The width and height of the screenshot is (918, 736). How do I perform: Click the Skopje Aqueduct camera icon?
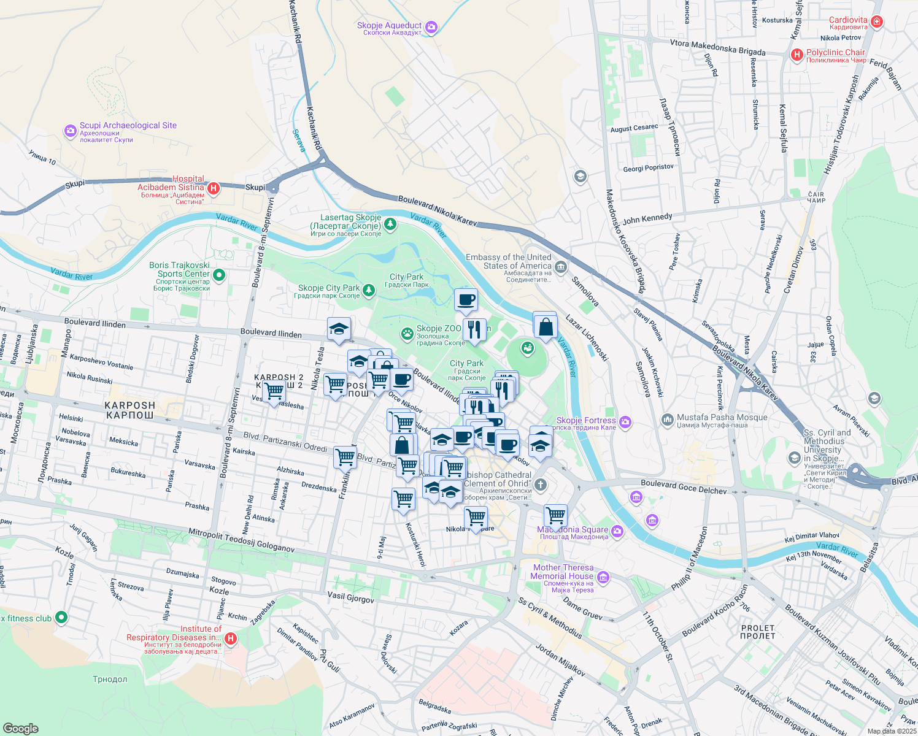(431, 26)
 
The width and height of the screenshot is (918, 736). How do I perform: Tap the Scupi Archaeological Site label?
(128, 126)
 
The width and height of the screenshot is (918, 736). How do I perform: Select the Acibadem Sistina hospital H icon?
(214, 188)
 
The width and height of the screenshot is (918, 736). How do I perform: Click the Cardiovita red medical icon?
(877, 21)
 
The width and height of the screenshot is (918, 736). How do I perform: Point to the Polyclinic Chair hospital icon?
(796, 55)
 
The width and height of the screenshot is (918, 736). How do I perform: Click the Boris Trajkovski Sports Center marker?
(220, 275)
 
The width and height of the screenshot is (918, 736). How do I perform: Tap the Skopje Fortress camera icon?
(625, 421)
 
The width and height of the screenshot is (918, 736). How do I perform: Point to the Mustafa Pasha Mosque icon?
(667, 420)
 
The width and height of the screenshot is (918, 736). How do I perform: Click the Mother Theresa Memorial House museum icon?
(603, 577)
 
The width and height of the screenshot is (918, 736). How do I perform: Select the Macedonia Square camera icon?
(617, 531)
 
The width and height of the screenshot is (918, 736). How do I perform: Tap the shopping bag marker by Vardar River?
(545, 326)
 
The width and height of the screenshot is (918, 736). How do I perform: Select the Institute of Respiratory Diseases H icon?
(231, 638)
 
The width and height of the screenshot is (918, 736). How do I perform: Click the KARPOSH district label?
(129, 410)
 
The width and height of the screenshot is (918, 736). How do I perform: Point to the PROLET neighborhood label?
(758, 632)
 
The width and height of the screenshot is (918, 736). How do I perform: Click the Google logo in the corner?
(20, 728)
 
